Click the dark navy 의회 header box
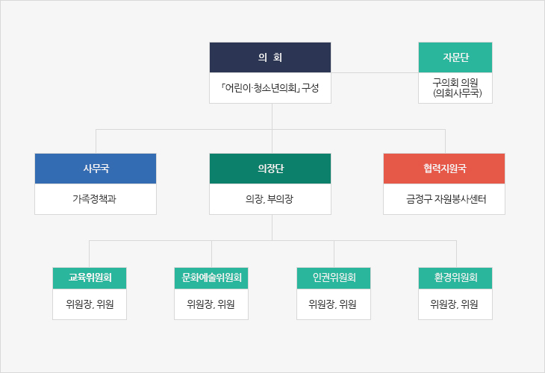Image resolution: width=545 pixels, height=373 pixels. (270, 57)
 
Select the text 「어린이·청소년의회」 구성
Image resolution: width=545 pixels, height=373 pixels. (270, 88)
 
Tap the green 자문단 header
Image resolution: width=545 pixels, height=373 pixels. (455, 57)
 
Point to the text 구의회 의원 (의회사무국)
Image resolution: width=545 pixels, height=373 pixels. (455, 88)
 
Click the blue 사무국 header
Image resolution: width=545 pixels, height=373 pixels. (96, 169)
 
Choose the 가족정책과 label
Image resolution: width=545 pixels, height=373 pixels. (94, 199)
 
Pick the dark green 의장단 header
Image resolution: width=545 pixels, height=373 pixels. (270, 169)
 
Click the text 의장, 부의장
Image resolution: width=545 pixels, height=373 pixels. (270, 199)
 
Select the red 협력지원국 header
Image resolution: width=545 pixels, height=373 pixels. (444, 169)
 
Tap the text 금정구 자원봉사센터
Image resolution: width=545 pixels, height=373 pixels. (446, 199)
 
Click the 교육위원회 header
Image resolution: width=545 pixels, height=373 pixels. (90, 278)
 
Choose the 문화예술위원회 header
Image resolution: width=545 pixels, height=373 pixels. (211, 278)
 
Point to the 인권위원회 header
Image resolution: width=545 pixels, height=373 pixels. (334, 278)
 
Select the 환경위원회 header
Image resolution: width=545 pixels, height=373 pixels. (455, 278)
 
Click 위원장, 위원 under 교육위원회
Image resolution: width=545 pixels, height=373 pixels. (90, 304)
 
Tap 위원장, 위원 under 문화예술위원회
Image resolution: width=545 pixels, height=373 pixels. (211, 304)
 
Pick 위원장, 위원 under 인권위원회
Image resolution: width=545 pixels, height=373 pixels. (332, 304)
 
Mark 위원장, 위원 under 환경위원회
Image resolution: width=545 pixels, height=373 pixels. (454, 304)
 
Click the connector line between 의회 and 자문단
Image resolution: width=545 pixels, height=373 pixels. (375, 72)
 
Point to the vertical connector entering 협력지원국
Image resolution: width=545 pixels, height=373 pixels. (445, 141)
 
